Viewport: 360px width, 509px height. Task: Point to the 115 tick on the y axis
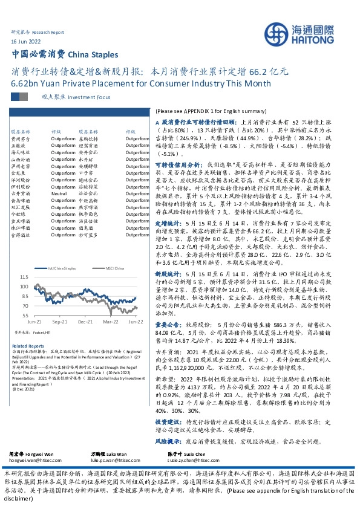point(24,277)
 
